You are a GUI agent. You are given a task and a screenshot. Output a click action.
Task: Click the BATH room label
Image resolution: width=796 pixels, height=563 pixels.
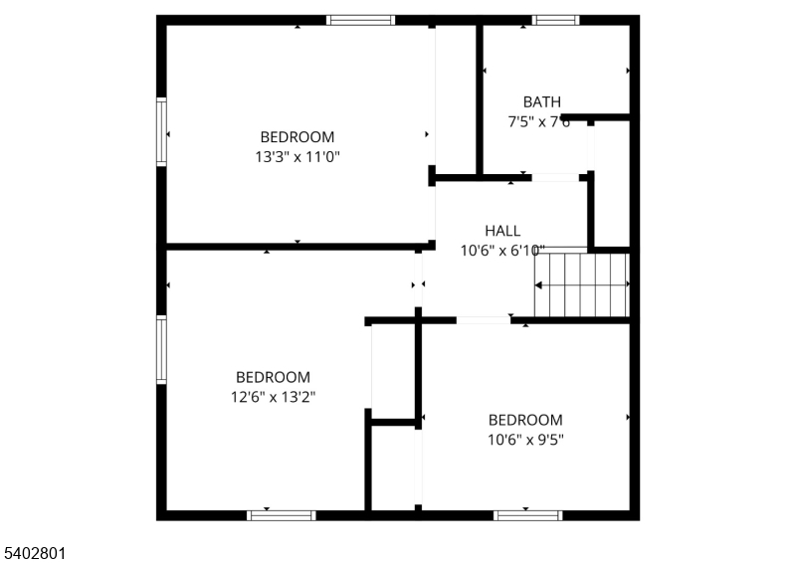pos(542,101)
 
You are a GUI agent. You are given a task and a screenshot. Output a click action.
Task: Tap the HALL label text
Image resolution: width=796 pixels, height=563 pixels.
pos(502,231)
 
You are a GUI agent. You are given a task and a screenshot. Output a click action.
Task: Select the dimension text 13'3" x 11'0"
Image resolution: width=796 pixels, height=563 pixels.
pos(298,156)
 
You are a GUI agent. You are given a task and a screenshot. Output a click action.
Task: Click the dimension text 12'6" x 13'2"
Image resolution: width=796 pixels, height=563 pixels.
pos(274,397)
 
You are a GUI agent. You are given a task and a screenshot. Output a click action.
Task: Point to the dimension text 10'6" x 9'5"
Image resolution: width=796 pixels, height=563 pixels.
pos(525,439)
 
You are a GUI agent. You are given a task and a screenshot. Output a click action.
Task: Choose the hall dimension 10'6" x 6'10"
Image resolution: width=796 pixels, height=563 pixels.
pos(502,251)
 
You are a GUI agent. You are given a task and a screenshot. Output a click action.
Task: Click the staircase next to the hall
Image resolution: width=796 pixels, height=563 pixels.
pos(582,283)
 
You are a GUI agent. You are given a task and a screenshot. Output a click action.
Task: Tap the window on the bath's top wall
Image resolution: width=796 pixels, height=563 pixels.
pos(555,19)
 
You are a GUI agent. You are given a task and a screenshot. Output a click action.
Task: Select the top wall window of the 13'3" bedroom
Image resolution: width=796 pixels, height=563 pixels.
pos(361,19)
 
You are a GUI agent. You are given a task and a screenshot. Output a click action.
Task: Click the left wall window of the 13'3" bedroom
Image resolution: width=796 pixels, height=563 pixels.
pos(161,130)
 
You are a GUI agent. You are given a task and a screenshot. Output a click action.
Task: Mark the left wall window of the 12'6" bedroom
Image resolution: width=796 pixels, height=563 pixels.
pos(161,349)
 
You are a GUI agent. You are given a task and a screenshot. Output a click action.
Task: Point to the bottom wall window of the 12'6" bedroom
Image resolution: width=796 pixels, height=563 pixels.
pos(281,515)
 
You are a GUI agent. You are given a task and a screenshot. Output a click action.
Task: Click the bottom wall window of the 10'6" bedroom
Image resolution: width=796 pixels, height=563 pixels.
pos(527,515)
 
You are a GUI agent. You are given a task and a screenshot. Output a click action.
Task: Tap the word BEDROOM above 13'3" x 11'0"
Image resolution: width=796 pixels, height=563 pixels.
pos(298,136)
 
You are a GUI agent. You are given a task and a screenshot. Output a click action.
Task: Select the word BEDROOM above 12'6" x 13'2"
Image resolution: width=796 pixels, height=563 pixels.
pos(273,377)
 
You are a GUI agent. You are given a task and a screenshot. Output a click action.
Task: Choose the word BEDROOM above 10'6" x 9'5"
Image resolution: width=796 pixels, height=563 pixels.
pos(525,420)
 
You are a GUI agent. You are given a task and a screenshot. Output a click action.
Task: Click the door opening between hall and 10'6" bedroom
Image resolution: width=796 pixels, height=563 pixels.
pos(484,320)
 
